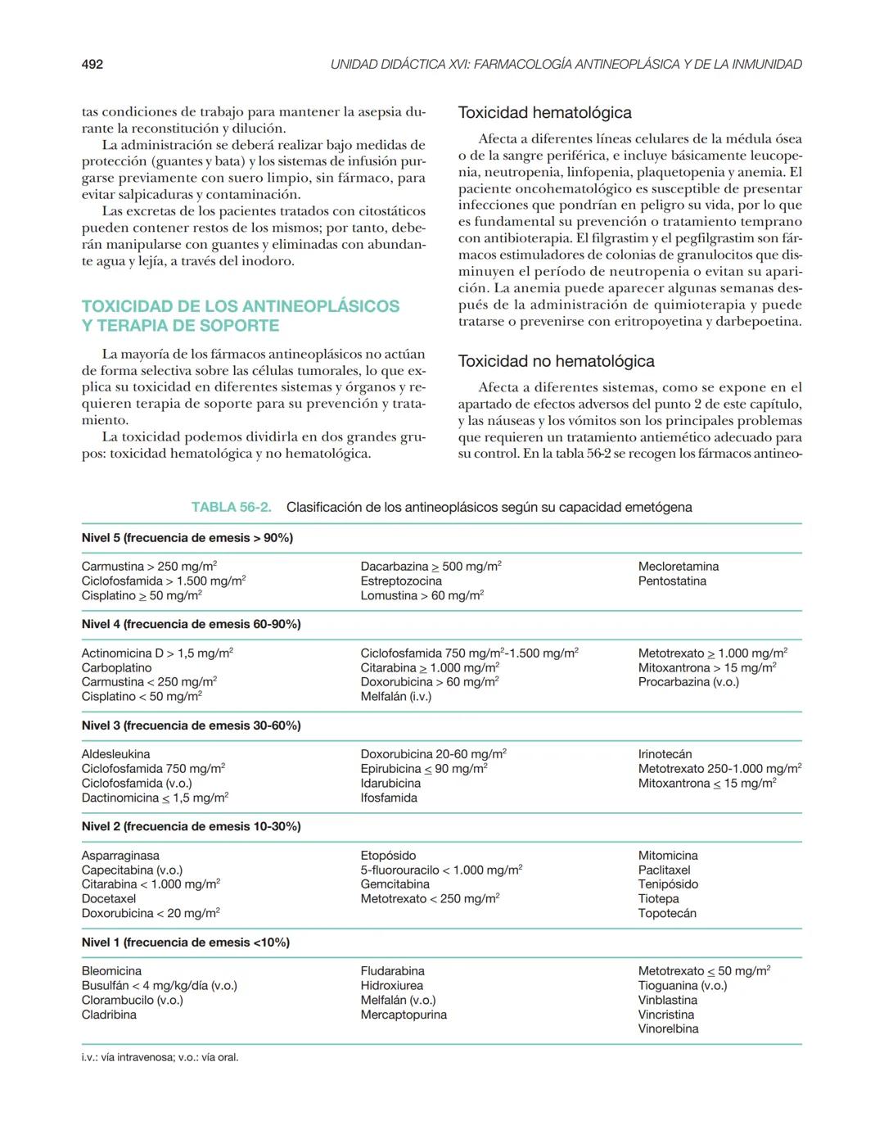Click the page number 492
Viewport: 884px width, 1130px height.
click(x=92, y=64)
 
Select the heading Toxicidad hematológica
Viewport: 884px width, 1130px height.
click(x=544, y=112)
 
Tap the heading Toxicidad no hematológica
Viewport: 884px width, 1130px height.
click(x=556, y=361)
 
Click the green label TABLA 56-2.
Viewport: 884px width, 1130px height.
click(x=231, y=507)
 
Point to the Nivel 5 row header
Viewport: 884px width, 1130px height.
click(x=187, y=538)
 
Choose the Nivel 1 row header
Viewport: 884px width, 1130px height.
click(x=185, y=942)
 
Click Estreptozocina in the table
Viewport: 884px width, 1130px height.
click(x=400, y=581)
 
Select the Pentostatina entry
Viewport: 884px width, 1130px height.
click(x=671, y=581)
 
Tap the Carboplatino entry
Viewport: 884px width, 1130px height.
click(x=116, y=667)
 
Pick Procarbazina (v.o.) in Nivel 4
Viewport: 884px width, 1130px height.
click(x=688, y=682)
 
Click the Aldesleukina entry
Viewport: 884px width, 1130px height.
click(x=115, y=754)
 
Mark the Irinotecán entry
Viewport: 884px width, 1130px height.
click(x=665, y=754)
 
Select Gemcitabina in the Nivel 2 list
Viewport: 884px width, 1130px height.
click(x=395, y=884)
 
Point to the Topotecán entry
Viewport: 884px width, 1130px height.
click(x=667, y=913)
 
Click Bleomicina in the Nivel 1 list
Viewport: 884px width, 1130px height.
click(x=111, y=971)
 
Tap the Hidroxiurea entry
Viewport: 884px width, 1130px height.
click(x=391, y=986)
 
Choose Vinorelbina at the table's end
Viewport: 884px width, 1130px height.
click(x=668, y=1029)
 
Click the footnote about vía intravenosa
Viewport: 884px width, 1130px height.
click(x=160, y=1057)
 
